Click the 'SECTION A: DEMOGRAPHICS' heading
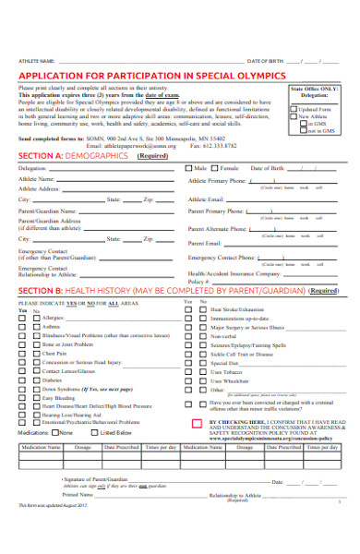pyautogui.click(x=73, y=156)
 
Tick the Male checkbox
pyautogui.click(x=188, y=169)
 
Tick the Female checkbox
pyautogui.click(x=216, y=169)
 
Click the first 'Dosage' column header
pyautogui.click(x=83, y=447)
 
